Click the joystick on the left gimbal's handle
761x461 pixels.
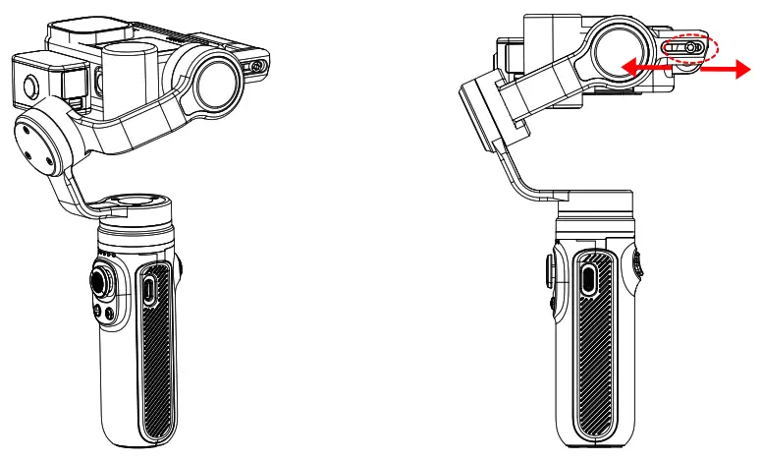[103, 281]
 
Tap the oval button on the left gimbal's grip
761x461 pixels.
[147, 291]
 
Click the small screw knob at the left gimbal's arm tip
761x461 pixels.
[258, 67]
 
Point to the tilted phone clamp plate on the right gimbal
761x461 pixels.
[484, 108]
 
